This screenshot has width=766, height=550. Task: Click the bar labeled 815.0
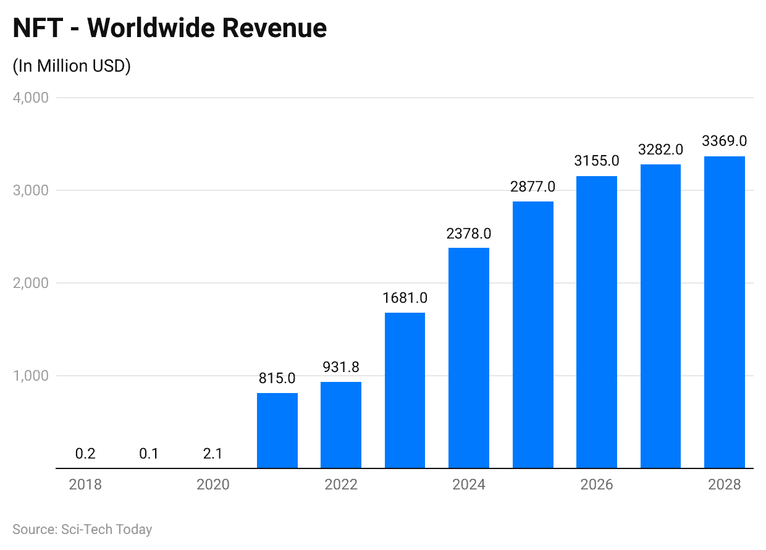[277, 431]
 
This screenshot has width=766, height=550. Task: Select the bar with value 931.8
[341, 425]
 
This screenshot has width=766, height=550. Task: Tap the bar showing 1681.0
[405, 391]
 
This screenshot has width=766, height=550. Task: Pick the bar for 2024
[469, 358]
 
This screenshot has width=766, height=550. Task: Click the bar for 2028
[725, 312]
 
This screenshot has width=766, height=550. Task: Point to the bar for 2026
[597, 322]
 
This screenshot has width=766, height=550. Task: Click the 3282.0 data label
[660, 150]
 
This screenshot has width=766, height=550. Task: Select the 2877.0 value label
[532, 187]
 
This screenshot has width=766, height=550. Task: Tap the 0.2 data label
[85, 454]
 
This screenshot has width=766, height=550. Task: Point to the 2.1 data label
[213, 454]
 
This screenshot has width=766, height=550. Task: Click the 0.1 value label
[149, 454]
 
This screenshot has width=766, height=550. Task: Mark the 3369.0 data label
[725, 142]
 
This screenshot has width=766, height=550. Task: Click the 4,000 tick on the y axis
[30, 98]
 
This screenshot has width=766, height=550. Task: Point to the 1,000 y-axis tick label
[30, 376]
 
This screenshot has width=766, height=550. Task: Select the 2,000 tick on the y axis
[30, 283]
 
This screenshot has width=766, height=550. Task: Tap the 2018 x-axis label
[85, 484]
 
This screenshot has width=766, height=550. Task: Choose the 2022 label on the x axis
[341, 484]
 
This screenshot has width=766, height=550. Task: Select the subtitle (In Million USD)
[72, 66]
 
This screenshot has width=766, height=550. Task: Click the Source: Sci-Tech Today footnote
[82, 530]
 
